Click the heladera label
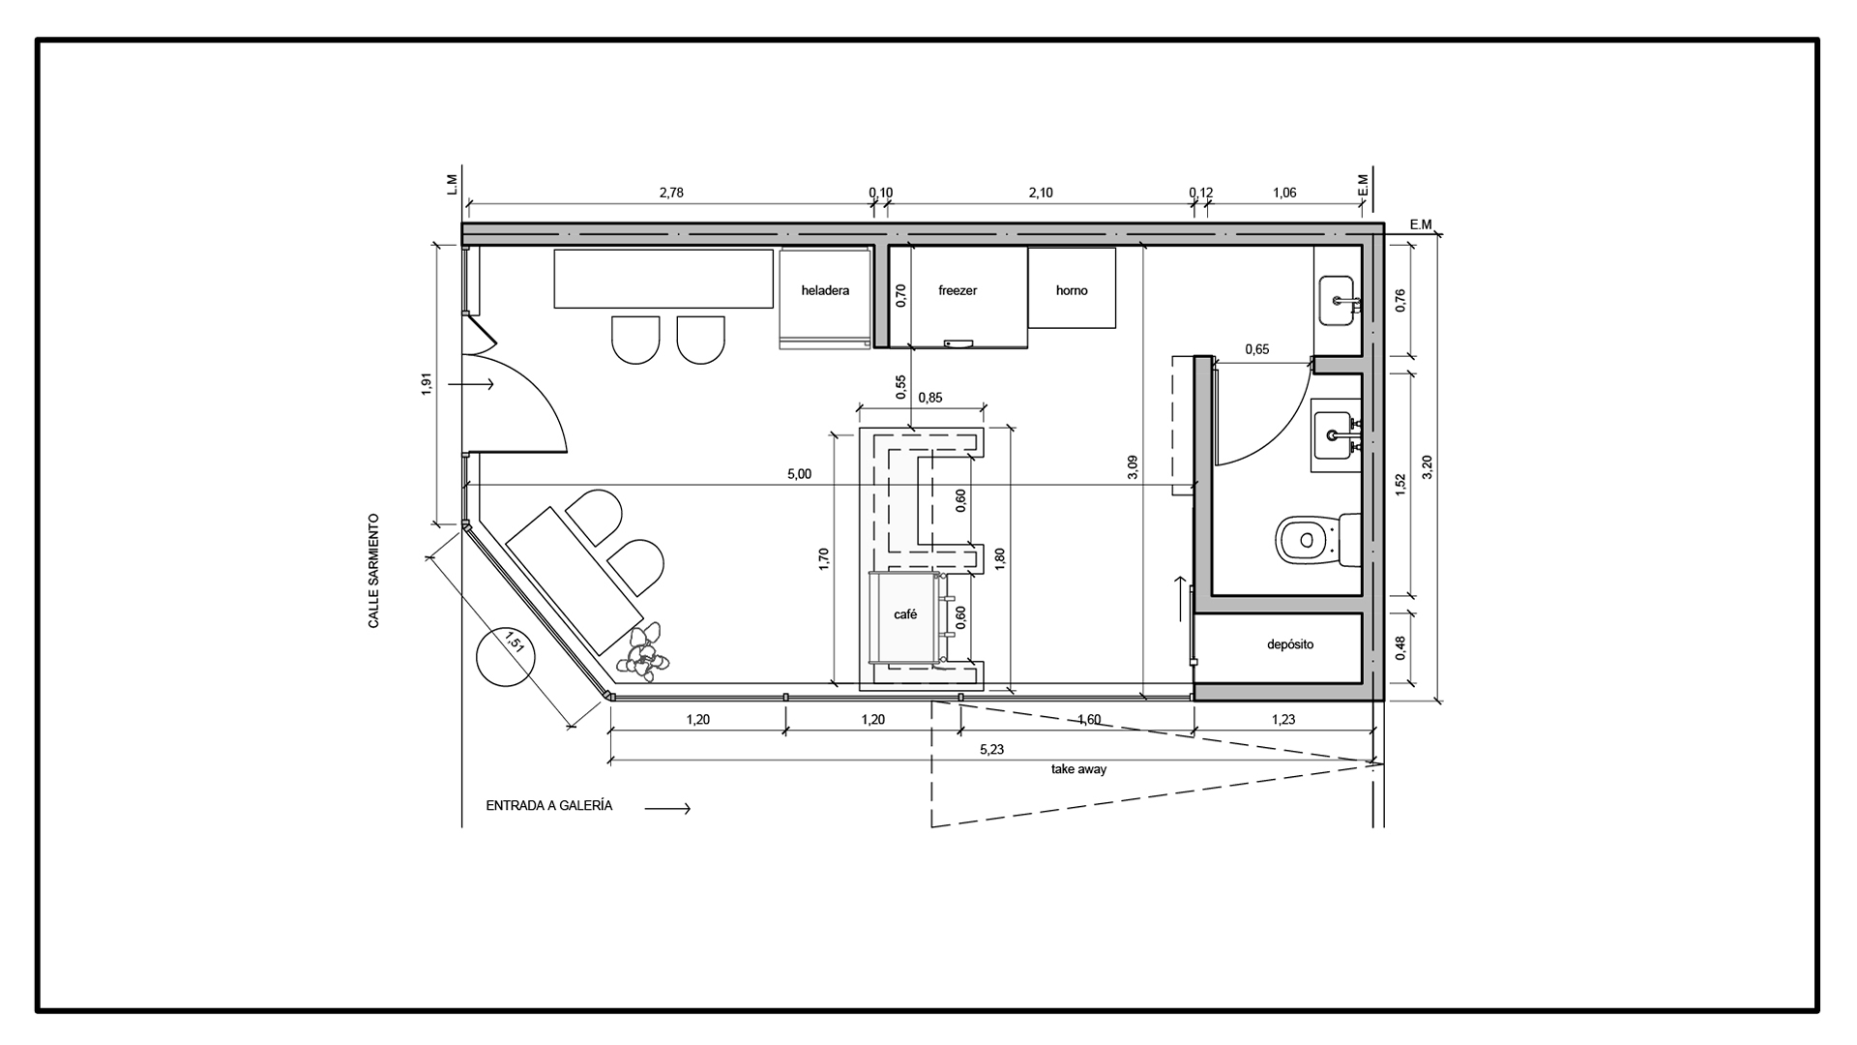(825, 290)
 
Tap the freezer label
(958, 290)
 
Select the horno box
(1072, 288)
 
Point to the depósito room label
(1290, 644)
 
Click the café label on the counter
(905, 614)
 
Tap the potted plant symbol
(643, 652)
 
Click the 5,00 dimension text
(799, 474)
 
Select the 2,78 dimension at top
(671, 193)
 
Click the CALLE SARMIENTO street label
(373, 571)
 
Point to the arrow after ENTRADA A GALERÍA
(668, 808)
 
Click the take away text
(1078, 769)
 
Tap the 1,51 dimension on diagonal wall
(516, 642)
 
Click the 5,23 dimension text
(991, 749)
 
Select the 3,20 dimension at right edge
(1428, 466)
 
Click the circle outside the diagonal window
(507, 655)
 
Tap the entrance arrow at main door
(479, 385)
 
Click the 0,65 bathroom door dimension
(1256, 349)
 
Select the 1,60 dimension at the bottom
(1088, 719)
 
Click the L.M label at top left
(452, 185)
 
